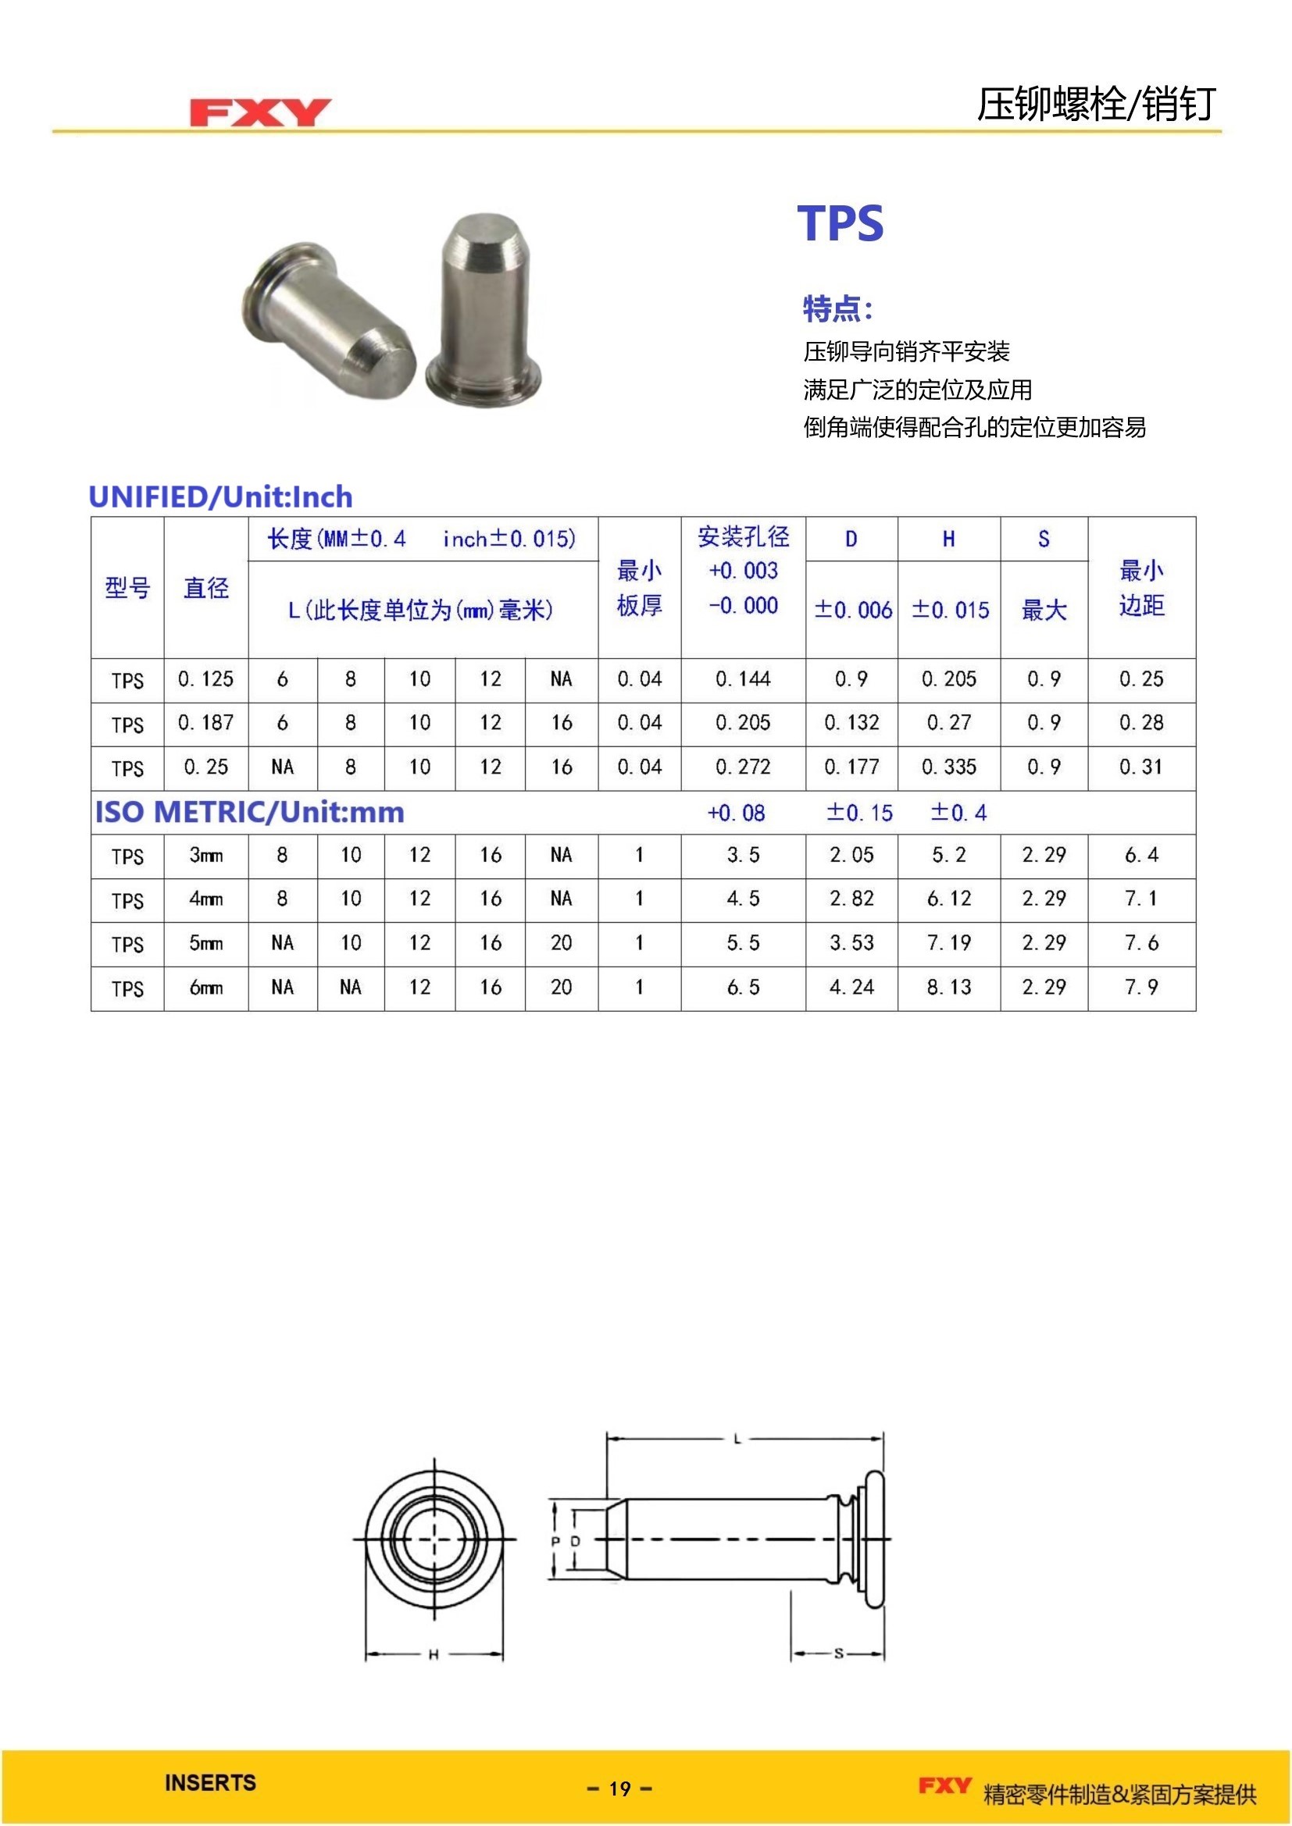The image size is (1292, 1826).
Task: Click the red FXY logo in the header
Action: point(259,112)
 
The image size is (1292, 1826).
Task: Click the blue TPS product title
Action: point(841,223)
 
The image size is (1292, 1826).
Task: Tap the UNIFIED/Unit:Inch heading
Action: point(220,497)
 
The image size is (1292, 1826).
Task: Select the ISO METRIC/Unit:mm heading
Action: point(250,812)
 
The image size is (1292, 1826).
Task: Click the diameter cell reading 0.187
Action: point(206,723)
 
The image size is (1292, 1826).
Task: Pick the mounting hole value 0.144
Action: point(742,679)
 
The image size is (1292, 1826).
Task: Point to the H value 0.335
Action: point(948,767)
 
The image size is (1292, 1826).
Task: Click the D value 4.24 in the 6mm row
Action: point(851,988)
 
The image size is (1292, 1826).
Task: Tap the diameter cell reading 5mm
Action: point(206,944)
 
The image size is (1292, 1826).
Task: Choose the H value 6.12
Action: point(948,899)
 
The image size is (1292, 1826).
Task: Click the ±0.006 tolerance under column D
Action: point(852,610)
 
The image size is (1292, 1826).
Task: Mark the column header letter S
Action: point(1043,539)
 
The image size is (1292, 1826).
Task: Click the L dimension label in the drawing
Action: point(737,1439)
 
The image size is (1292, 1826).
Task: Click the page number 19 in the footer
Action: point(619,1789)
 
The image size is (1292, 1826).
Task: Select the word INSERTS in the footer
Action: point(210,1783)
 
